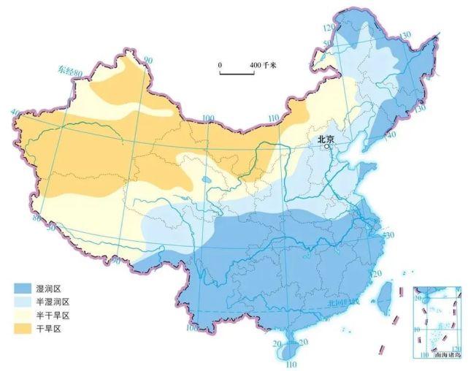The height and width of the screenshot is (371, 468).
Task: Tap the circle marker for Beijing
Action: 328,146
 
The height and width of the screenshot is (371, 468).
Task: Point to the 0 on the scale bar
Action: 220,66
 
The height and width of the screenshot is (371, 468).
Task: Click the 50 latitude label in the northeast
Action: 327,45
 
